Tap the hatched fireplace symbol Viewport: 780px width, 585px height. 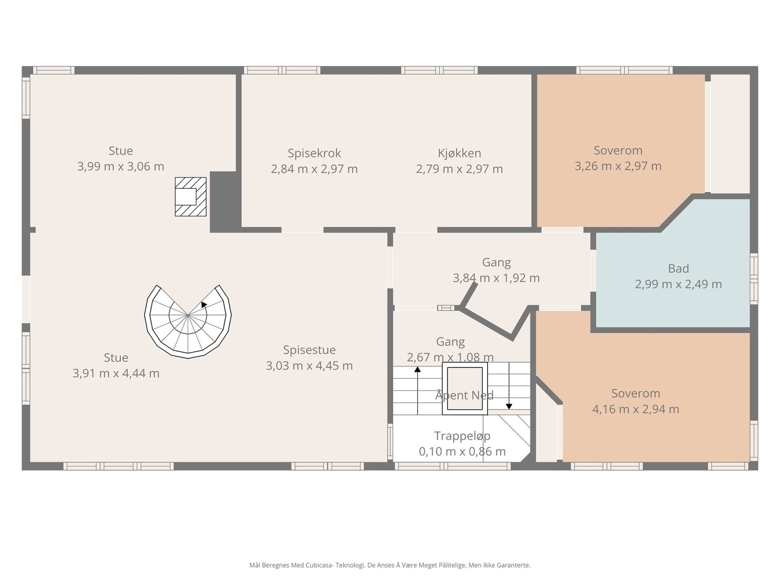pos(191,196)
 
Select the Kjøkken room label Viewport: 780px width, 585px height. pos(459,153)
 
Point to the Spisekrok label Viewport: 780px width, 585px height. pos(314,153)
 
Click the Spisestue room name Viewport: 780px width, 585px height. pos(309,350)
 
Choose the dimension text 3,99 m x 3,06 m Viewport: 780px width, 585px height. pos(121,166)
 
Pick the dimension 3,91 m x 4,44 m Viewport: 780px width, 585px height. pos(116,373)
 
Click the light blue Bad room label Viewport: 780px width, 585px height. pos(679,269)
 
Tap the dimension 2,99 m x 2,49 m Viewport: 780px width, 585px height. pos(679,284)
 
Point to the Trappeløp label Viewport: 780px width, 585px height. pos(462,436)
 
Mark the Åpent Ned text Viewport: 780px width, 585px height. pos(465,395)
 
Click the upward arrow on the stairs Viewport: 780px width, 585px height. pos(417,390)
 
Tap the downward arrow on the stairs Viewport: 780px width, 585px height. pos(509,386)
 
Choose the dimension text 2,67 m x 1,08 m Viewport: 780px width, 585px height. pos(450,357)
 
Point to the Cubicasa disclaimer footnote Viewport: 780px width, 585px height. pos(390,565)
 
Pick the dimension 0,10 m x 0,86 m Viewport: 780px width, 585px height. pos(462,451)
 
